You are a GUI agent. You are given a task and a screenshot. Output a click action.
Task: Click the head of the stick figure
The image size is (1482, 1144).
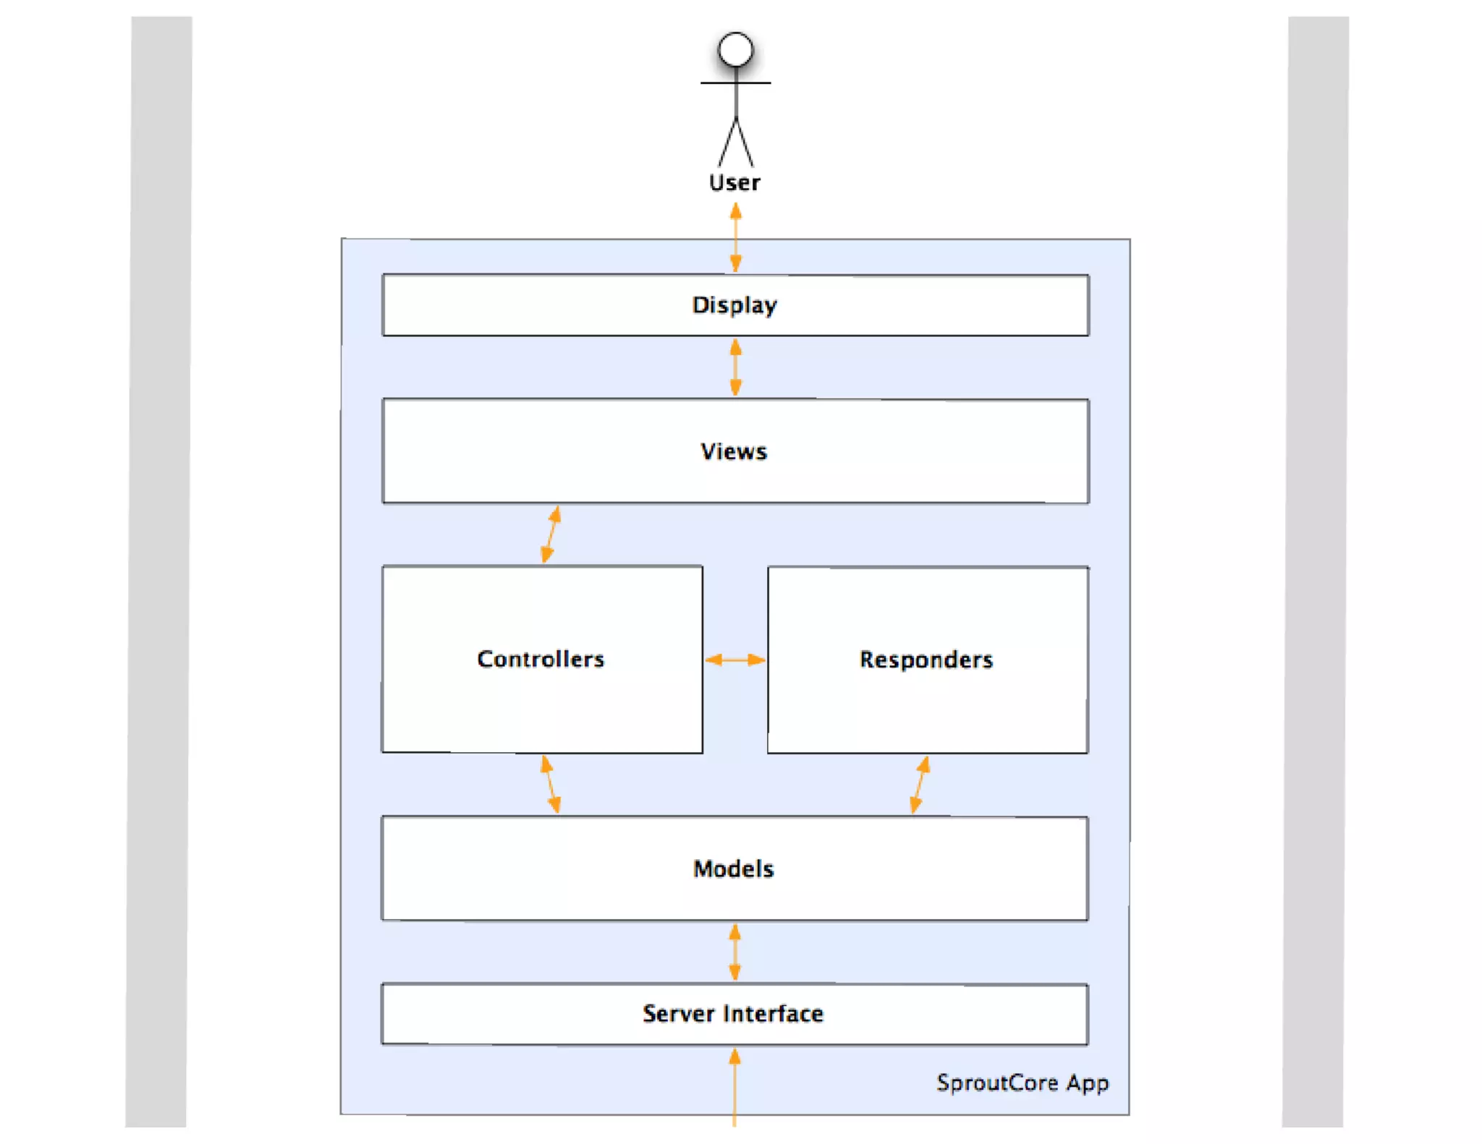click(x=735, y=50)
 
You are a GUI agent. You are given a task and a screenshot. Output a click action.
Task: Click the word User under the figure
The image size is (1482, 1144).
click(x=734, y=182)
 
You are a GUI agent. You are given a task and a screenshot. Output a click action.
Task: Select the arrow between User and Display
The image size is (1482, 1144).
click(x=735, y=236)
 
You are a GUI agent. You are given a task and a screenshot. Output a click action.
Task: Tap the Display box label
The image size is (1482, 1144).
click(x=734, y=304)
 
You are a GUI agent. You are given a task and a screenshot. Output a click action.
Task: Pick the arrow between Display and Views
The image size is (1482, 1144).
click(x=735, y=367)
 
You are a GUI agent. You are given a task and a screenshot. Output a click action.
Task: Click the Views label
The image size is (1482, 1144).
click(x=734, y=451)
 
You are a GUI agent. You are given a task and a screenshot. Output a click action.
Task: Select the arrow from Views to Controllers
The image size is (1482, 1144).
click(x=551, y=534)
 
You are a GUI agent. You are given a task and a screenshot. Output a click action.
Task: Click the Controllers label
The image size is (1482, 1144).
click(x=541, y=659)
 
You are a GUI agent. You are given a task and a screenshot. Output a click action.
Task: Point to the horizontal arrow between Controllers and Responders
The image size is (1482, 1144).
click(x=734, y=659)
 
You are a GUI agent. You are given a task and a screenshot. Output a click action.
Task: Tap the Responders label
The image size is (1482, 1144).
click(x=926, y=659)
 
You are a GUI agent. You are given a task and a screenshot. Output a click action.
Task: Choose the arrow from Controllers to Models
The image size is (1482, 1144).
click(x=551, y=784)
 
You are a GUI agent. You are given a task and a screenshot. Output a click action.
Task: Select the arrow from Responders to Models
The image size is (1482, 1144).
click(x=920, y=784)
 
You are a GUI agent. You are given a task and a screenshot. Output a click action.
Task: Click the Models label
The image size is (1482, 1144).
click(x=734, y=868)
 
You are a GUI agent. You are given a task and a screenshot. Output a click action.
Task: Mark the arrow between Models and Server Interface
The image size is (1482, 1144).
click(x=734, y=952)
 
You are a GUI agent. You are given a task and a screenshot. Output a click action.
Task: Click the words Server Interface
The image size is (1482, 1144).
click(x=733, y=1014)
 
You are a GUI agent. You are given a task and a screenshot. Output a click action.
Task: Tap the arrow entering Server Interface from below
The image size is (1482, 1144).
click(x=734, y=1085)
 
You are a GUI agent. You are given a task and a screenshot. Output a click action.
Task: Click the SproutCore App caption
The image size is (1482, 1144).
click(x=1022, y=1083)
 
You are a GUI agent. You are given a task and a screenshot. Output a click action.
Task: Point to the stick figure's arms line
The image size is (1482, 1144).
click(x=735, y=82)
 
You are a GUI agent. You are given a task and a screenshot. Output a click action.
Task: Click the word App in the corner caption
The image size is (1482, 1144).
click(x=1087, y=1083)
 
